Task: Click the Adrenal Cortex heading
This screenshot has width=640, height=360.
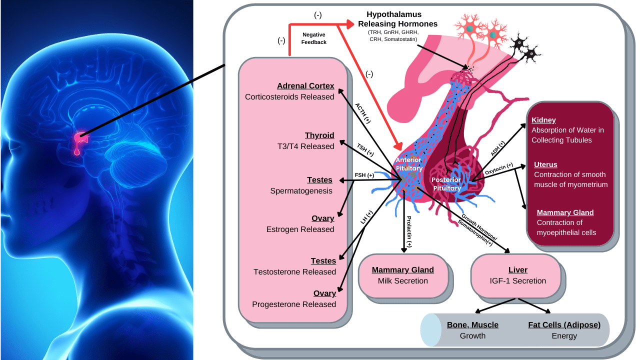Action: click(305, 86)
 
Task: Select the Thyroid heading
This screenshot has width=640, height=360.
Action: click(319, 135)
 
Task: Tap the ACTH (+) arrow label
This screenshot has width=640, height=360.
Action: click(363, 113)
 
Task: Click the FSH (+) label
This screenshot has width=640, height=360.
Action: click(364, 175)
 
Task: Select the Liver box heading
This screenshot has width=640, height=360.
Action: click(517, 270)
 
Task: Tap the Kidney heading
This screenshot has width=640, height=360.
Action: click(543, 120)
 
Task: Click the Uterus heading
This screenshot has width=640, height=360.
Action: click(545, 164)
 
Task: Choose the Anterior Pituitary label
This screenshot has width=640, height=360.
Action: click(409, 164)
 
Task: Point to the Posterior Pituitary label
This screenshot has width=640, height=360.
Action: click(446, 183)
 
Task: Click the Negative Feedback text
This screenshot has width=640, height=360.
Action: click(314, 38)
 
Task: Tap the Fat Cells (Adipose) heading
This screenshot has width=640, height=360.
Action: click(564, 325)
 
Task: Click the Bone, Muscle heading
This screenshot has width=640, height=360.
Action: click(472, 325)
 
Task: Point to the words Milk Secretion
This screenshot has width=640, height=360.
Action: click(402, 281)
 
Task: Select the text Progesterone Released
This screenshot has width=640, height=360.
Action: click(294, 304)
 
